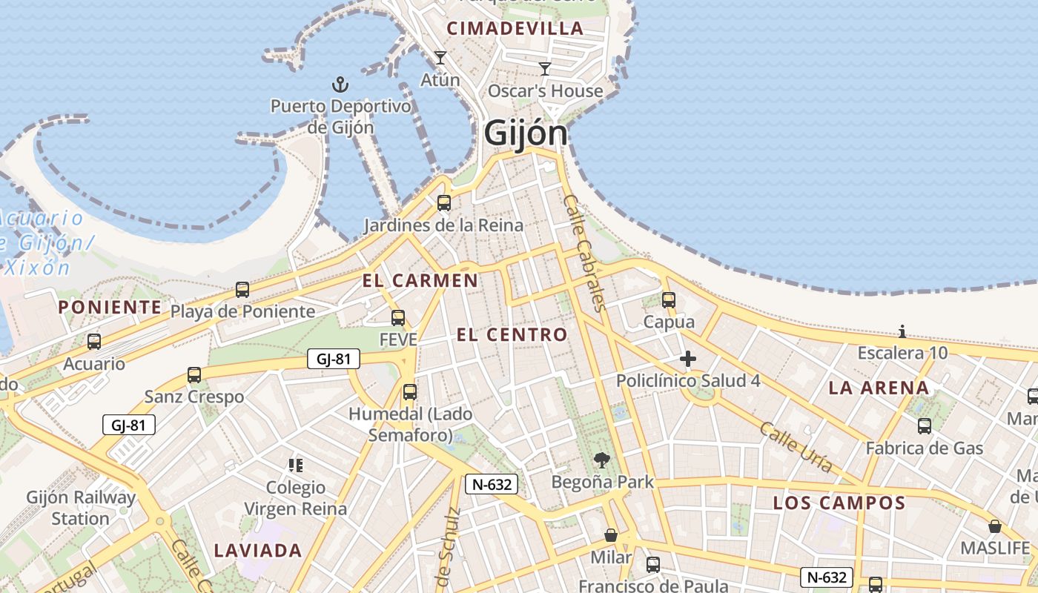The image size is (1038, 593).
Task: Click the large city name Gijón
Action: point(526,134)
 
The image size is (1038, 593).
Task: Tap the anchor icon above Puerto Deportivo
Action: point(340,84)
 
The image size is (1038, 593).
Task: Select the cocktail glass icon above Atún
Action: point(440,58)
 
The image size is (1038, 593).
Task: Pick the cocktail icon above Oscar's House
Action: point(545,69)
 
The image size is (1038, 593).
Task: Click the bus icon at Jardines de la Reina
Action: point(444,203)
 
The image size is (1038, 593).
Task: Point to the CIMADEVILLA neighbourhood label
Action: point(515,29)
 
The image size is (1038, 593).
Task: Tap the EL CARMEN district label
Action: point(420,280)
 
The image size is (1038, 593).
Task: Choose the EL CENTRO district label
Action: point(512,334)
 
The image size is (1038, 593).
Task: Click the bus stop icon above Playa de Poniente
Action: point(242,290)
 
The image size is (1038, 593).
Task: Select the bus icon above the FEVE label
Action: point(398,318)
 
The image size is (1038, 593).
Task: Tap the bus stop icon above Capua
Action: point(669,300)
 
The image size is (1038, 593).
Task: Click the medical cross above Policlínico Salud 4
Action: point(688,360)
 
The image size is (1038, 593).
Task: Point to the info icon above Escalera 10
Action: point(902,331)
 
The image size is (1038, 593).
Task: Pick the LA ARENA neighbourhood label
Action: point(879,388)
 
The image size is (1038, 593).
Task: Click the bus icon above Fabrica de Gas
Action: point(925,426)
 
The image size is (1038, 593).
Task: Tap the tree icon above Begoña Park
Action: point(602,460)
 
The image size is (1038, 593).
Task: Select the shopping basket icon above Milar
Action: point(611,535)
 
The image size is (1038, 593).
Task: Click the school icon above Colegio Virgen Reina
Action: point(296,466)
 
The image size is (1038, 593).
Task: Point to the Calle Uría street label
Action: point(796,447)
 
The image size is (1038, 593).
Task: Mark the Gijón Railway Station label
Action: point(81,508)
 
